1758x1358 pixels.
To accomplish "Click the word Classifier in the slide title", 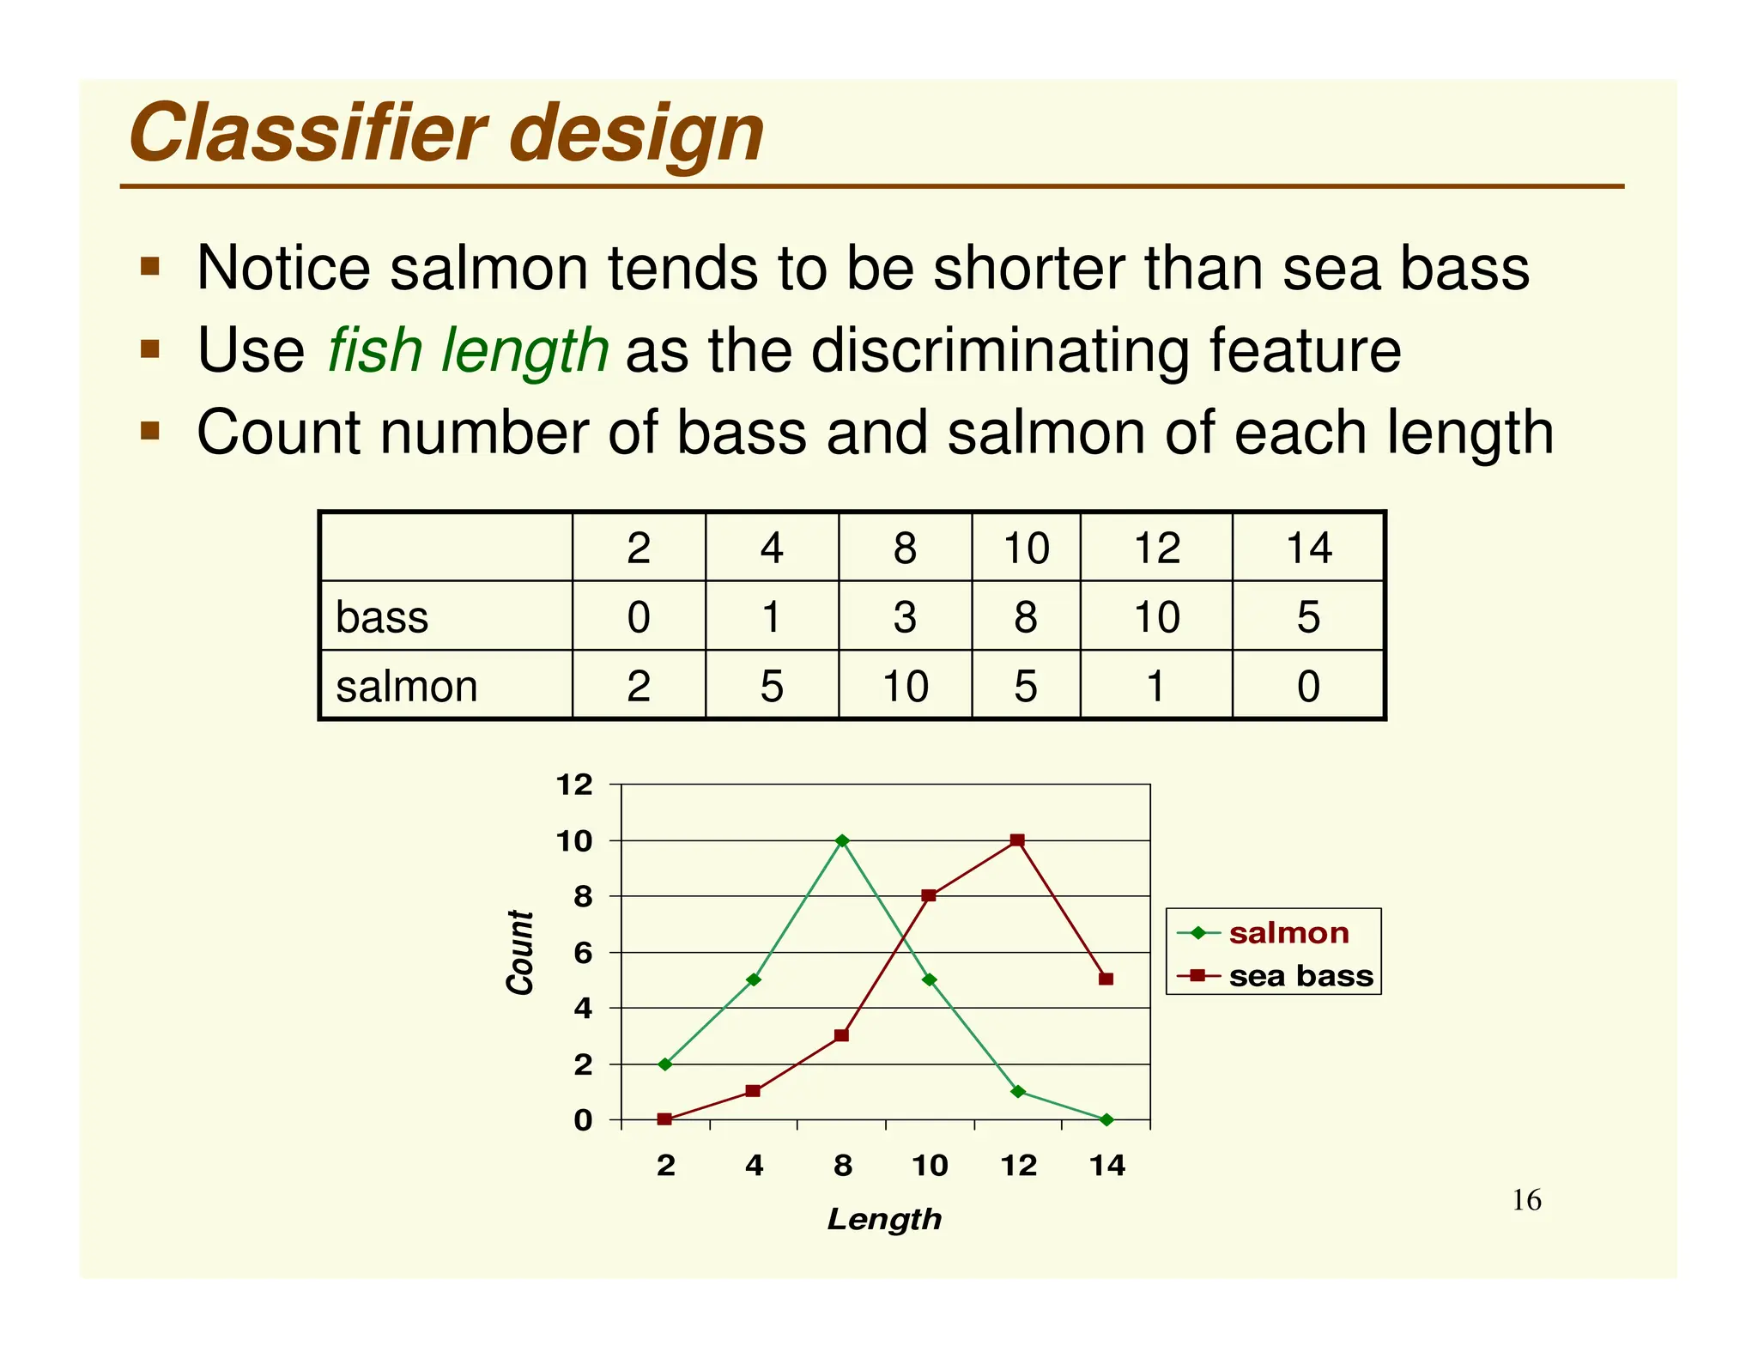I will (x=307, y=134).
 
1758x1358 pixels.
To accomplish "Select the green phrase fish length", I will (x=468, y=350).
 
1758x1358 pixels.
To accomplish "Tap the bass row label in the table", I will (x=381, y=617).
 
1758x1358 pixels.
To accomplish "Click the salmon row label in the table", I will (x=406, y=687).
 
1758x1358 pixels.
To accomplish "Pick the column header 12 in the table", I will (x=1156, y=548).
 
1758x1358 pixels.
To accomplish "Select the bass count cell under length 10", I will (x=1026, y=617).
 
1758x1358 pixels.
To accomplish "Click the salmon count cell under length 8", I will (x=905, y=687).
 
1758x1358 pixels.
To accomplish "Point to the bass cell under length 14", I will (x=1308, y=617).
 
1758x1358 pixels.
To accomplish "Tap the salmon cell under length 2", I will (x=639, y=687).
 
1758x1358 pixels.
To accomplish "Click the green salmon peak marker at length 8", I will (x=842, y=840).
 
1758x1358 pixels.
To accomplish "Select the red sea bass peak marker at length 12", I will (x=1017, y=840).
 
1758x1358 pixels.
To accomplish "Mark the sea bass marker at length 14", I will (x=1106, y=979).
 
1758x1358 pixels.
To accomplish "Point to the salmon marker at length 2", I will (x=665, y=1064).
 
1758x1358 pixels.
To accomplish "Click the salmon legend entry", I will (x=1288, y=933).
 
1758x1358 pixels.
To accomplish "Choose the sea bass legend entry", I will (x=1300, y=976).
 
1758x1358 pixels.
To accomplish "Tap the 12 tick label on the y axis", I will (x=574, y=785).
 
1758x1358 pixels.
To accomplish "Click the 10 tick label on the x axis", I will (x=930, y=1166).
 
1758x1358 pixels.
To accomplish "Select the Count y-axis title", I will (x=520, y=953).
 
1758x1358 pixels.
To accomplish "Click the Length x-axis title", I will (x=884, y=1219).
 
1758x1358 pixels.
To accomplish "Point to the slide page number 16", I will (x=1526, y=1200).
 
